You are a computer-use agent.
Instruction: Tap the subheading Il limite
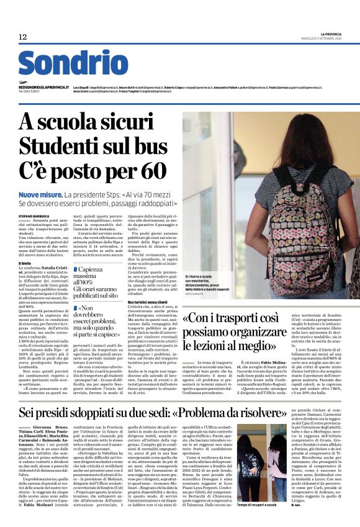click(x=25, y=263)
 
